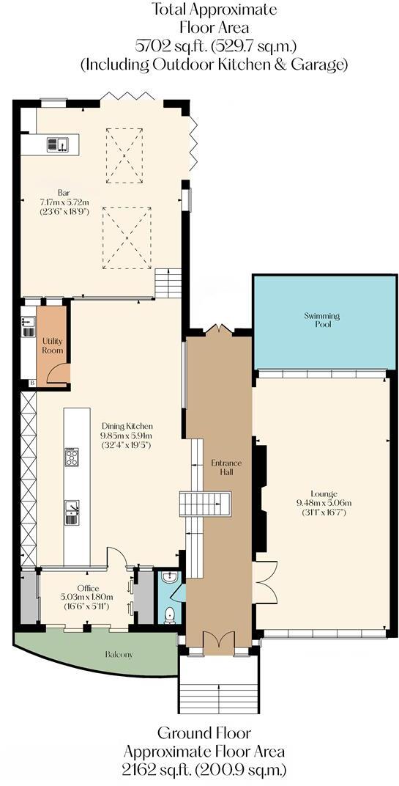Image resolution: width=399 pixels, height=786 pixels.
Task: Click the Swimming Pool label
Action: point(322,320)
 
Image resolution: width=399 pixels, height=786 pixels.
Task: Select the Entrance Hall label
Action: point(226,468)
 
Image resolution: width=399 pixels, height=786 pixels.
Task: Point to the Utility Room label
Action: point(52,345)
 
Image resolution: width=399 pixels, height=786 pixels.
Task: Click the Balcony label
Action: point(119,654)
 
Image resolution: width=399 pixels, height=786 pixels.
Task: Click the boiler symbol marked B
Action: point(31,383)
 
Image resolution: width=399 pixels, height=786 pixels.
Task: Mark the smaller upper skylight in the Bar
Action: point(124,155)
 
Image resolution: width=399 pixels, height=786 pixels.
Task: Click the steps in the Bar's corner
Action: point(168,282)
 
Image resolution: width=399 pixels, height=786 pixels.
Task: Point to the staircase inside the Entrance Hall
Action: point(205,504)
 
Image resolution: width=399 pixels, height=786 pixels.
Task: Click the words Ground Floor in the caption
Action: point(204,732)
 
